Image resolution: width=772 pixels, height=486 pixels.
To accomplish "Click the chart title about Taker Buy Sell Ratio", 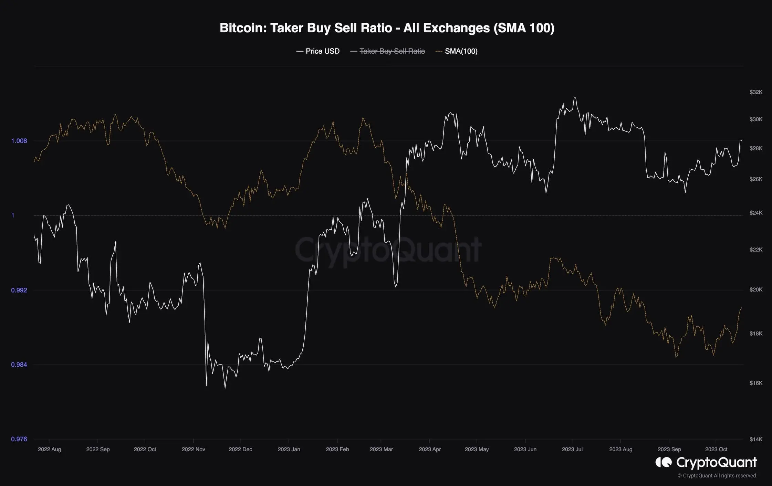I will tap(387, 28).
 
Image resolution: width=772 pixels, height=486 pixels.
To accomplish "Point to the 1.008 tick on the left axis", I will tap(19, 141).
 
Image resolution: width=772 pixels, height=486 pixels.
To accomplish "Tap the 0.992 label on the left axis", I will tap(19, 290).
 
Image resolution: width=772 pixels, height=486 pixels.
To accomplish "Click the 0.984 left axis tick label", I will tap(19, 364).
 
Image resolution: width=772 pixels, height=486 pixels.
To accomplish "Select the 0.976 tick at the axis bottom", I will tap(19, 439).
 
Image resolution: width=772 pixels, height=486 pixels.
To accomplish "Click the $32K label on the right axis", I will tap(756, 92).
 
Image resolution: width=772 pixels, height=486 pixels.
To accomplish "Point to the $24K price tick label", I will tap(756, 213).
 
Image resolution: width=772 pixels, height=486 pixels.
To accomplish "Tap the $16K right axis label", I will tap(756, 383).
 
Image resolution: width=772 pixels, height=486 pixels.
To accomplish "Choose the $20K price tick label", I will tap(756, 289).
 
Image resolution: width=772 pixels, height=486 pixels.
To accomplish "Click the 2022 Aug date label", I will tap(49, 450).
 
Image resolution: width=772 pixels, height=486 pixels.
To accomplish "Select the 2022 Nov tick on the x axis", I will tap(193, 450).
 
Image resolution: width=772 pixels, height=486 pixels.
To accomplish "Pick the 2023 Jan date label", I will tap(289, 450).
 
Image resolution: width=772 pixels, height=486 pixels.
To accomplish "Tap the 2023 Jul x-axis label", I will tap(572, 450).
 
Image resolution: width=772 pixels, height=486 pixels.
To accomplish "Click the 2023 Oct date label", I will tap(716, 450).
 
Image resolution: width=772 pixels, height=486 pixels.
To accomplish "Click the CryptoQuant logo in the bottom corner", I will tap(706, 462).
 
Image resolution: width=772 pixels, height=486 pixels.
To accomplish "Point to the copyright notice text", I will tap(717, 476).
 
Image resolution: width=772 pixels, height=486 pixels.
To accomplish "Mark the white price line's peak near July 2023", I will tap(574, 98).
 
